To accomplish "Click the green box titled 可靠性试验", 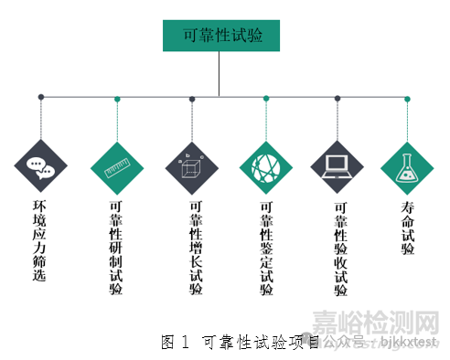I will click(220, 37).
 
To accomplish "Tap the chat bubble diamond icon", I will click(40, 167).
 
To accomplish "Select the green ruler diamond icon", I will click(117, 167).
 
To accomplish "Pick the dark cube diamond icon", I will click(191, 167).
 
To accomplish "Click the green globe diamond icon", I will click(266, 167).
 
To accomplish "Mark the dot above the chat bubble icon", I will click(40, 96).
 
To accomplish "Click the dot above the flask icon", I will click(407, 99).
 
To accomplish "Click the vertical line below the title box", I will click(220, 73).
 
